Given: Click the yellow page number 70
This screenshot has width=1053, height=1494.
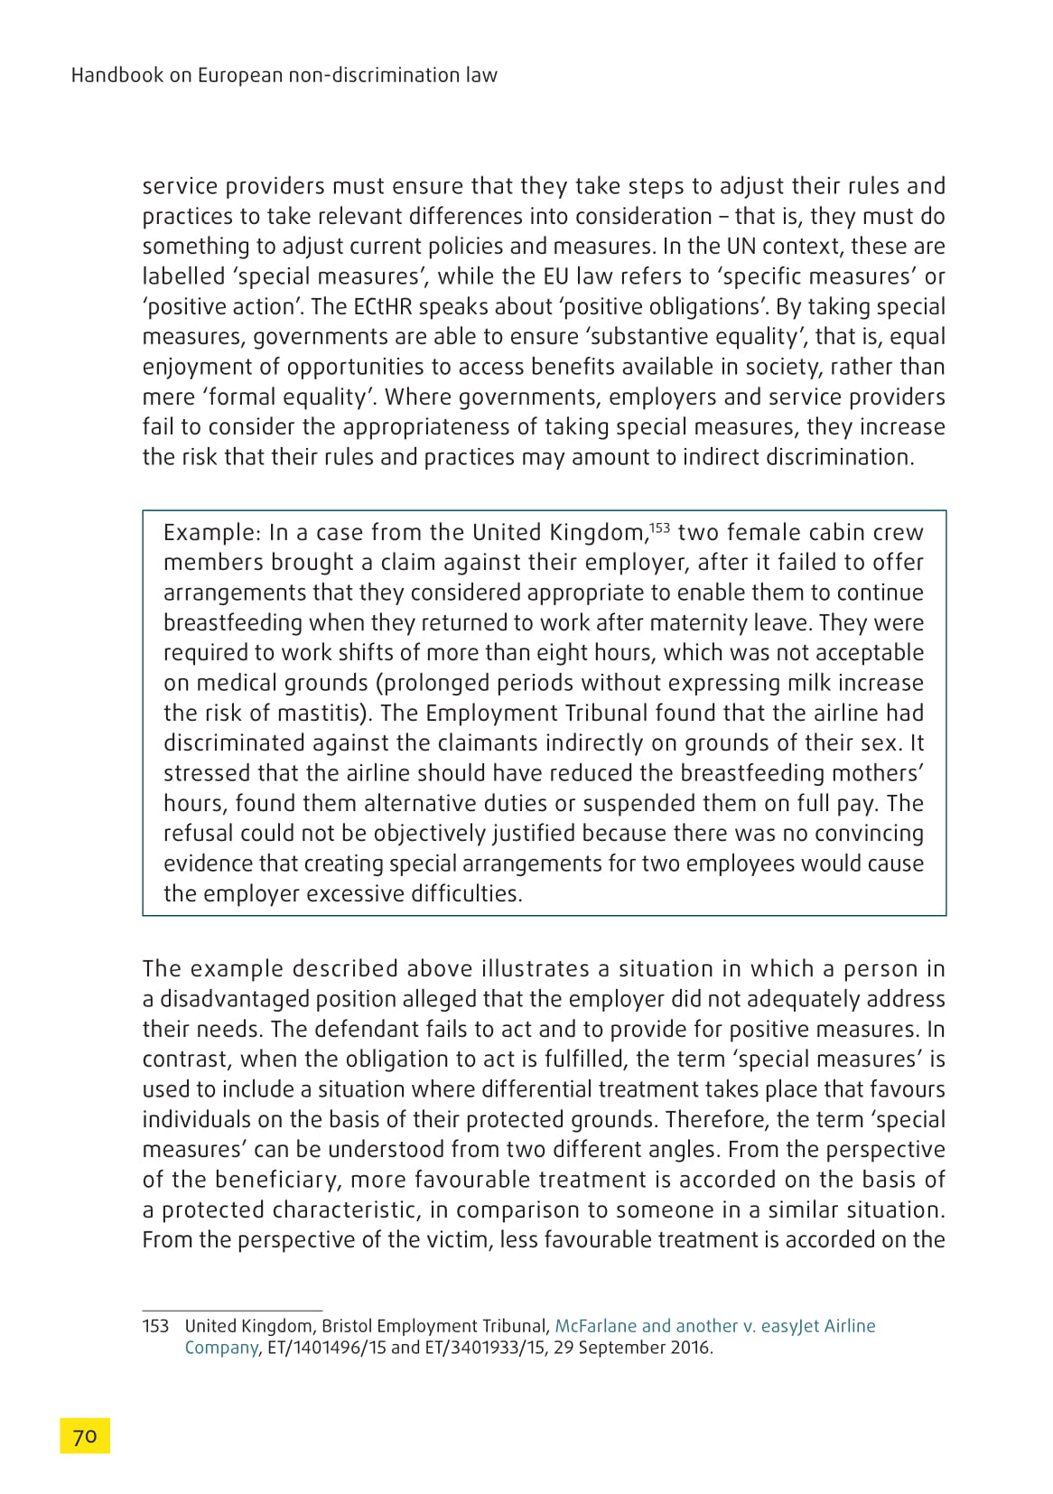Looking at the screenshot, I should [85, 1435].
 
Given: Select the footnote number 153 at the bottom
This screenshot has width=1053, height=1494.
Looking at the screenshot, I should [155, 1326].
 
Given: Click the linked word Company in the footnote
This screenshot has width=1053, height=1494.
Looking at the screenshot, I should [222, 1348].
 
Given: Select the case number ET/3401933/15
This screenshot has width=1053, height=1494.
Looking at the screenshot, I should [484, 1348].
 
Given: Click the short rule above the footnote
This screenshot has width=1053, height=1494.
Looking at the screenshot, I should [232, 1310].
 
